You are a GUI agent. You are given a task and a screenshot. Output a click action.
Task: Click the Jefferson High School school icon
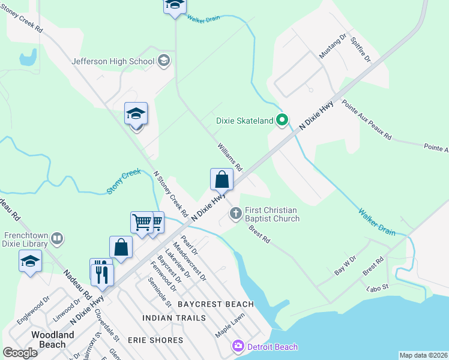pos(164,61)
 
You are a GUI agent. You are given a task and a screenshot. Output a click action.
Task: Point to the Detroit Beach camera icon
pos(238,346)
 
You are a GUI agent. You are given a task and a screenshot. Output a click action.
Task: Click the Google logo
pos(20,353)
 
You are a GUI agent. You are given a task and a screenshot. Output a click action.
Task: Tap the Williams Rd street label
pos(229,157)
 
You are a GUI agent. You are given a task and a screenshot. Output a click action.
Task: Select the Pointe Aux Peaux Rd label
pos(366,120)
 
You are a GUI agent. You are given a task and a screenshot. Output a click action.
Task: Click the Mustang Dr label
pos(333,46)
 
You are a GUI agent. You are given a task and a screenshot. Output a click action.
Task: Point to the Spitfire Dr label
pos(361,50)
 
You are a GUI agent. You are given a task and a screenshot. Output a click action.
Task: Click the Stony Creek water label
pos(124,181)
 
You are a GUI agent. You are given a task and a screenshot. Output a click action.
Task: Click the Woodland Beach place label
pos(49,339)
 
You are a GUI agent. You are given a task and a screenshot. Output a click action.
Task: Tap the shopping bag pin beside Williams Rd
pos(221,179)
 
